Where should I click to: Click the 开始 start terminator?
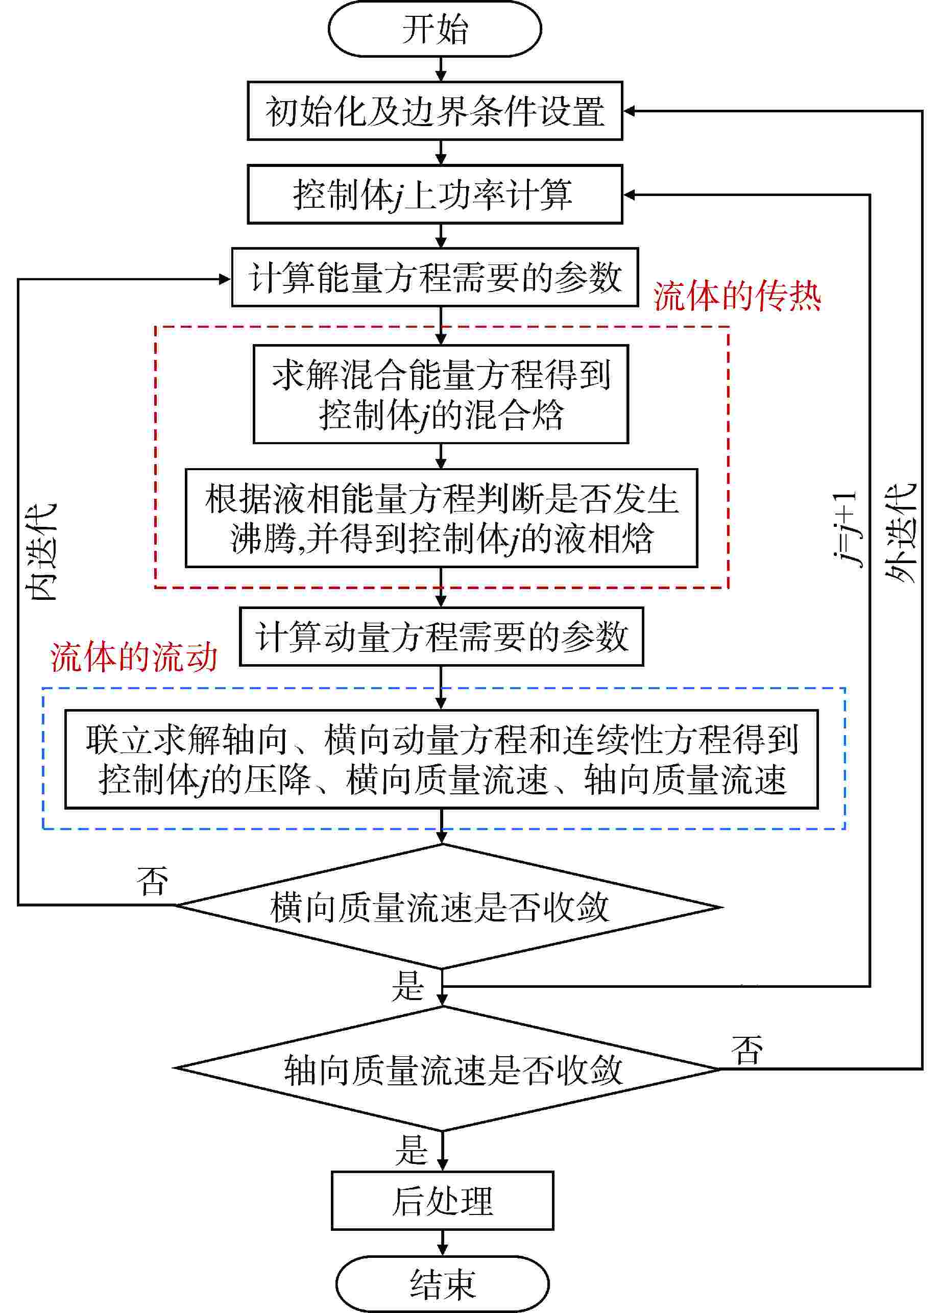(435, 29)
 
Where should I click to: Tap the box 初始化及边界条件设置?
(435, 111)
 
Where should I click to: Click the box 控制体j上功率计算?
(435, 194)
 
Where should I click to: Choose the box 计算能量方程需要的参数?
(435, 277)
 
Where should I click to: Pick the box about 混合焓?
(441, 394)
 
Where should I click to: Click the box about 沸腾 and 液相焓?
(441, 518)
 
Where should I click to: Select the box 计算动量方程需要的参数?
(441, 636)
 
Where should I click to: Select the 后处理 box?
(442, 1201)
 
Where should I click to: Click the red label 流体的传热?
(737, 297)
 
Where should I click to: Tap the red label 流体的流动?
(134, 657)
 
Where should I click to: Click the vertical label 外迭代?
(901, 532)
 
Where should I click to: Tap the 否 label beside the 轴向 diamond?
(746, 1049)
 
